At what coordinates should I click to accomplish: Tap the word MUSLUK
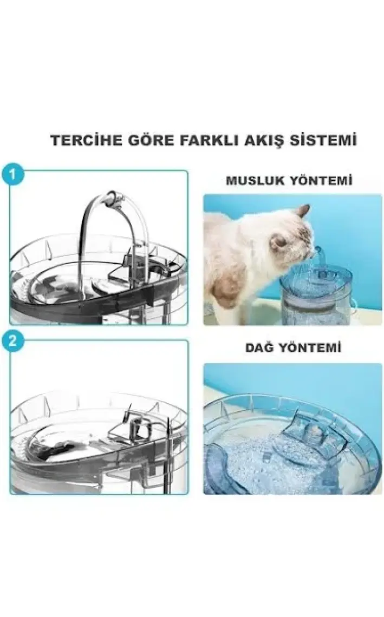click(255, 181)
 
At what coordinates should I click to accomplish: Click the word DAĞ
click(259, 347)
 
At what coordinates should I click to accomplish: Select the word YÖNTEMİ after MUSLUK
click(321, 181)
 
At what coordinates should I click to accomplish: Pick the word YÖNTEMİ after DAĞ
click(310, 348)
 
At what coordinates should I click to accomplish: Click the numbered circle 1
click(12, 174)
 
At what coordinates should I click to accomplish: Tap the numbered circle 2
click(12, 341)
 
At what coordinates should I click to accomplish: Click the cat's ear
click(303, 212)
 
